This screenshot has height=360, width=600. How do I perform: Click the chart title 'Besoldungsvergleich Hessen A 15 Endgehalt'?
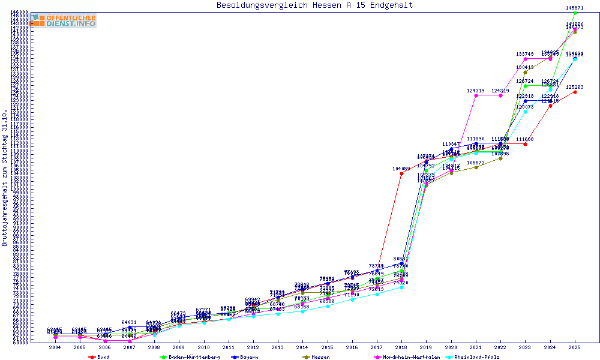coord(314,5)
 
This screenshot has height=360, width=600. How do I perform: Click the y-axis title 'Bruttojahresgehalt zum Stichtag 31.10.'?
coord(5,178)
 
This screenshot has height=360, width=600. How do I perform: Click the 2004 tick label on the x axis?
coord(55,347)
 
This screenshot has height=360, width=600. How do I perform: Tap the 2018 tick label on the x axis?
coord(402,347)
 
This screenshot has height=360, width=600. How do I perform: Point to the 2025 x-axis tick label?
coord(575,347)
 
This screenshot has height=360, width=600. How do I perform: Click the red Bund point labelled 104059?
coord(401,174)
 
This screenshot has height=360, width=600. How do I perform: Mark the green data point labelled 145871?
coord(575,13)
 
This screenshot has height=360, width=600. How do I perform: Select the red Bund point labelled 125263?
coord(575,92)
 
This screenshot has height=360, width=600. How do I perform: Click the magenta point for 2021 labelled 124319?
coord(476,95)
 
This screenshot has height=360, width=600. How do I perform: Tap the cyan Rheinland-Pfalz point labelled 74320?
coord(401,287)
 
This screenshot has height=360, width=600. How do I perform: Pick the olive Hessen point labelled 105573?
coord(476,167)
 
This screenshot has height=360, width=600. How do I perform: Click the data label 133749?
coord(525,54)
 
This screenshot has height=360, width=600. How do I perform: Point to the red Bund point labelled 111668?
coord(525,144)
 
